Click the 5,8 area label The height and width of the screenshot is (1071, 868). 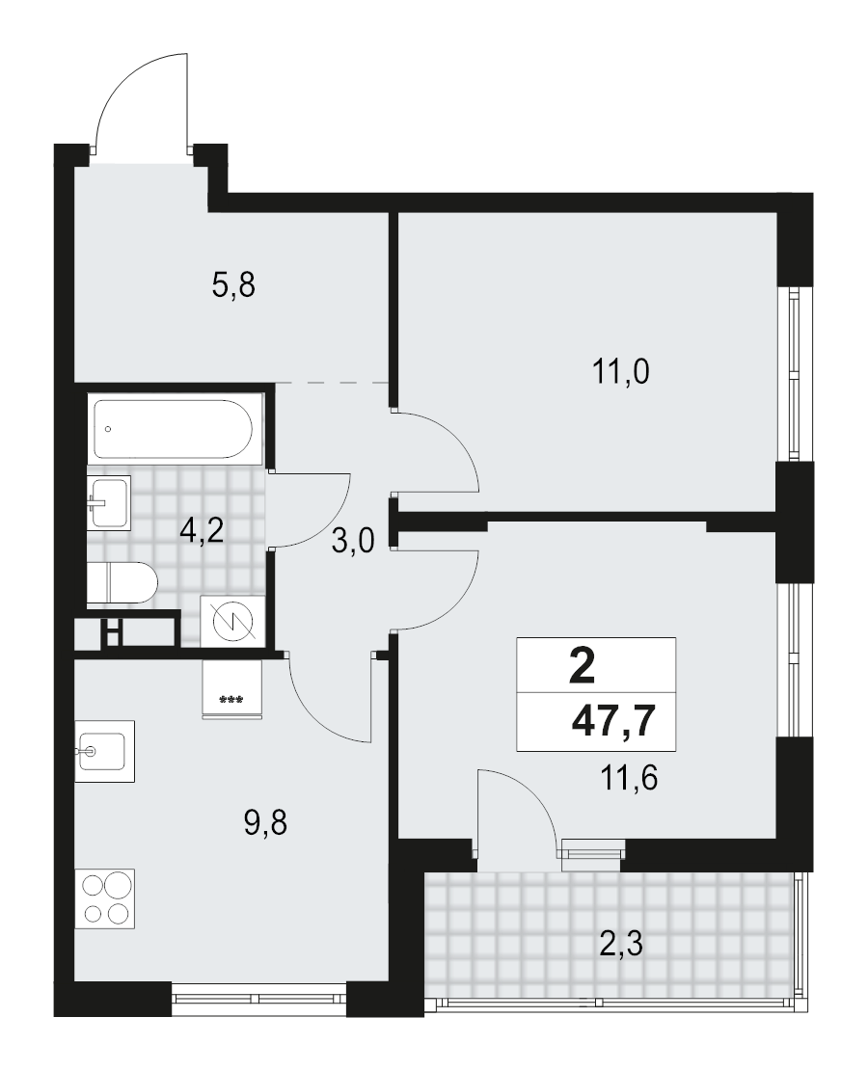(x=232, y=285)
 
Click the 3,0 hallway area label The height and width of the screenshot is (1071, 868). (x=353, y=542)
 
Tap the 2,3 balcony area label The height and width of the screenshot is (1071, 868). (x=621, y=941)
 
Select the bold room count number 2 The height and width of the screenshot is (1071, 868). (x=583, y=665)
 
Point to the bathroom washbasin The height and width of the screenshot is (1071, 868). (x=108, y=501)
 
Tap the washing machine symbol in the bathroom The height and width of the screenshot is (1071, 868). (x=229, y=620)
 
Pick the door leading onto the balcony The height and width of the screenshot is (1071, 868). (x=515, y=810)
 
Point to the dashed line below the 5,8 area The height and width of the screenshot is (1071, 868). (x=333, y=383)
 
